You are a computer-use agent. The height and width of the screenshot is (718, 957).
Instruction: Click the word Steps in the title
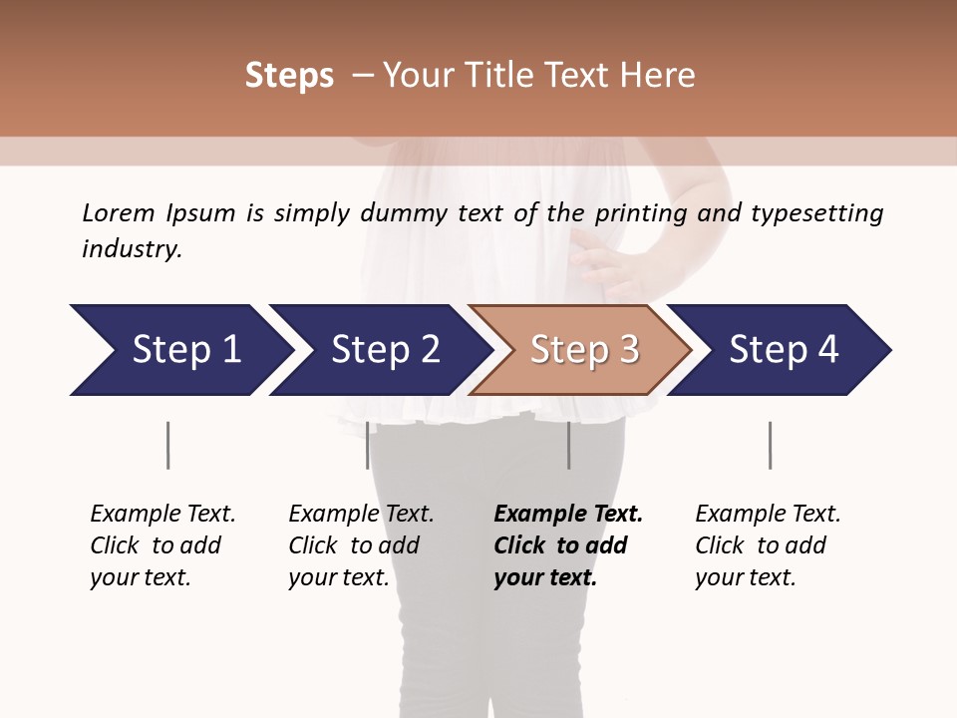[x=289, y=76]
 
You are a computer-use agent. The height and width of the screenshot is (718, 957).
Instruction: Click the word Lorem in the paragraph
[x=118, y=213]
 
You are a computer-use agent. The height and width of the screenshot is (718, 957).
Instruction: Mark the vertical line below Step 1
[x=167, y=445]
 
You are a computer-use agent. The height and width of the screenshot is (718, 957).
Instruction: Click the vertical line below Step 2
[x=368, y=445]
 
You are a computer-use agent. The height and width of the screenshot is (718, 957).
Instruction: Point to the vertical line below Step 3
[x=569, y=445]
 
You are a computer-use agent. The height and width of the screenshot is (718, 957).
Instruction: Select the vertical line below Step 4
[x=770, y=445]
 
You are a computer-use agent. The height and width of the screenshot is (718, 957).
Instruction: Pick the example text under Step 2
[x=360, y=545]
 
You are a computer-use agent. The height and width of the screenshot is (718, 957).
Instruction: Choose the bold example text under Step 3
[x=567, y=545]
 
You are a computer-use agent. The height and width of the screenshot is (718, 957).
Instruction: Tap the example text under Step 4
[x=767, y=545]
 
